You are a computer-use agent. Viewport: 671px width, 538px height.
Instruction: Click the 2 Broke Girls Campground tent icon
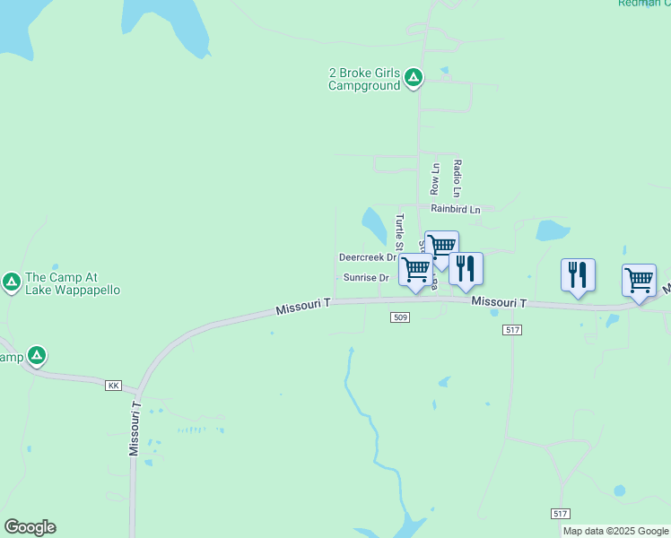coord(414,78)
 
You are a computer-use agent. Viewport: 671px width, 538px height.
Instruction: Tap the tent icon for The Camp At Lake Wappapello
coord(12,282)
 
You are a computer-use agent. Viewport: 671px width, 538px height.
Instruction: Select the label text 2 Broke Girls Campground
coord(364,80)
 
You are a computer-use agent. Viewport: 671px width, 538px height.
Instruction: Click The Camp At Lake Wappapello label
coord(73,283)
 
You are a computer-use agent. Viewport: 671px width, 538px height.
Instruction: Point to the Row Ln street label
coord(435,179)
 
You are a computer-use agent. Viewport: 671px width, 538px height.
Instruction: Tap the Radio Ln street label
coord(457,178)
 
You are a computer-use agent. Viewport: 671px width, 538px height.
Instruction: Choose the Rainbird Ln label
coord(455,209)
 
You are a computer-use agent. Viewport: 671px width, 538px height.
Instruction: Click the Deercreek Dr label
coord(367,256)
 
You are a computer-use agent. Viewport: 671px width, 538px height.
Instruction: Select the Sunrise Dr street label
coord(366,278)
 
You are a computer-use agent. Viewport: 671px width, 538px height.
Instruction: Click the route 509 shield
coord(401,317)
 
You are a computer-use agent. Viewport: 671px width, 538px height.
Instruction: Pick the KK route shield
coord(113,386)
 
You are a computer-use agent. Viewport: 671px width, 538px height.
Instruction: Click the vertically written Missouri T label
coord(135,428)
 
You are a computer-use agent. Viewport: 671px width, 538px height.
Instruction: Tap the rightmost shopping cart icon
coord(639,280)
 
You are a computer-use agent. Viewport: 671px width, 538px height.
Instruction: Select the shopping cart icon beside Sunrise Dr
coord(415,270)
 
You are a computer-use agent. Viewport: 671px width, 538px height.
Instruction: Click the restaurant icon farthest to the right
coord(578,274)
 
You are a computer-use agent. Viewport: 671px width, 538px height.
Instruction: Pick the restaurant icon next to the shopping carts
coord(466,268)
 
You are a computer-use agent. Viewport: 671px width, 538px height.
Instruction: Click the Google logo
coord(30,527)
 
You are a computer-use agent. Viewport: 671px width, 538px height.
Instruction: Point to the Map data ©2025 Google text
coord(616,531)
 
